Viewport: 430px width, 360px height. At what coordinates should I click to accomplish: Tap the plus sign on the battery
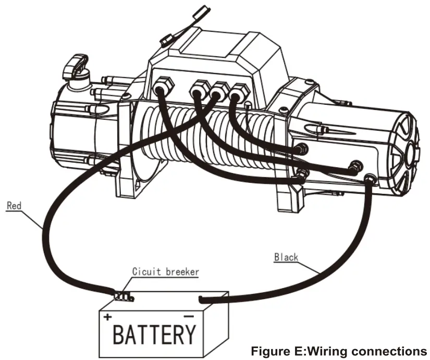coord(107,317)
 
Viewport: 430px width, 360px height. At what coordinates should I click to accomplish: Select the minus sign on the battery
coord(189,316)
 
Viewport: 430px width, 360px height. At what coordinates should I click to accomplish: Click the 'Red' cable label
coord(14,206)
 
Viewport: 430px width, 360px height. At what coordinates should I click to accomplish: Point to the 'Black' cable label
coord(286,257)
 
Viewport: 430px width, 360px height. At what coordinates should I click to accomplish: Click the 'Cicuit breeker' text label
coord(165,271)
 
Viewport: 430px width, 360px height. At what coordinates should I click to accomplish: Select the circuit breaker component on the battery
coord(124,296)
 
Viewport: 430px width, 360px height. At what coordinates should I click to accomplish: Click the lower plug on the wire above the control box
coord(168,39)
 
